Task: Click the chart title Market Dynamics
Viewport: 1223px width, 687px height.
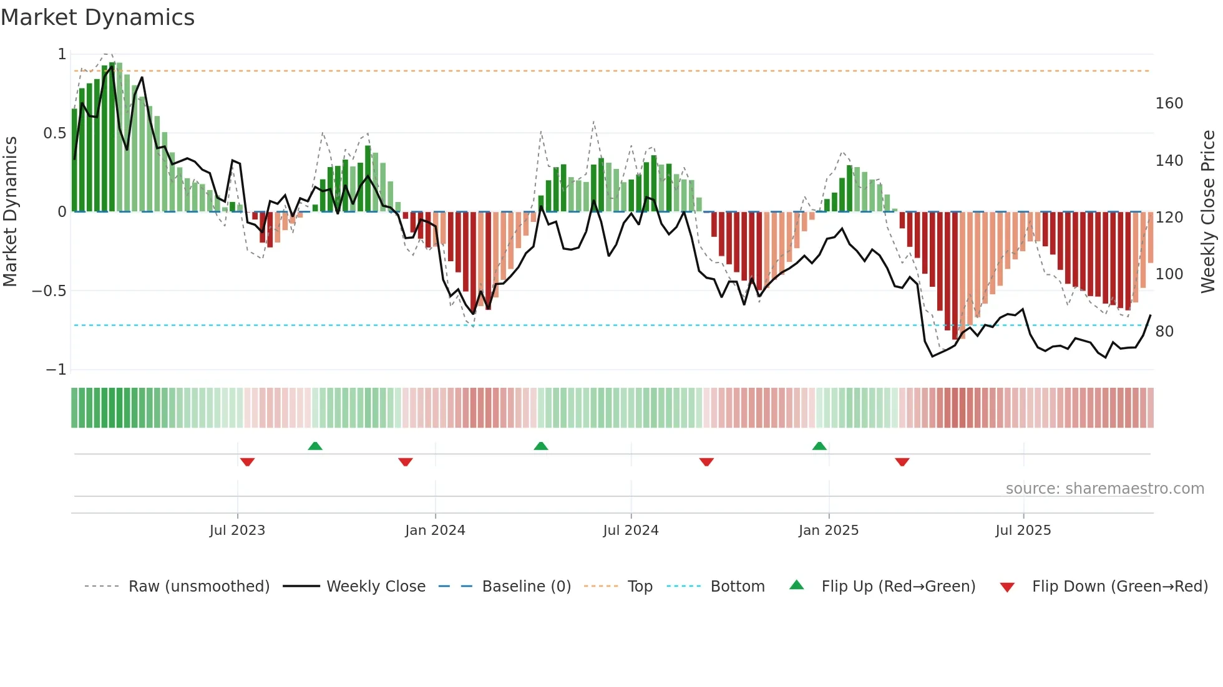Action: click(x=97, y=17)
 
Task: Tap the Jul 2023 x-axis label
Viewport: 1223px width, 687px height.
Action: click(x=237, y=531)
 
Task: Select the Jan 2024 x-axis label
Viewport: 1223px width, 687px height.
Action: click(x=435, y=531)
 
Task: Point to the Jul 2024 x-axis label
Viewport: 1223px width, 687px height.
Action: click(x=631, y=531)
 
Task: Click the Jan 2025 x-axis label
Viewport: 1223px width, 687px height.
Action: click(x=829, y=531)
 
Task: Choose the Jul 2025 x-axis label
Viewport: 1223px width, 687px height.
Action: click(x=1023, y=531)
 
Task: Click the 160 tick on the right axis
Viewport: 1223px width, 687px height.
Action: click(x=1169, y=103)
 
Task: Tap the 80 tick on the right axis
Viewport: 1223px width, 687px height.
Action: click(x=1164, y=332)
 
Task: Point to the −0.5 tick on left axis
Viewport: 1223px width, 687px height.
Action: click(x=49, y=291)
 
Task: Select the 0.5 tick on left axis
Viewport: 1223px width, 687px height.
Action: click(x=54, y=133)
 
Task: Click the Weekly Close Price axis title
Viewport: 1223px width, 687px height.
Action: click(x=1208, y=212)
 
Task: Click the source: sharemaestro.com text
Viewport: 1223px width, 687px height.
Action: click(x=1104, y=489)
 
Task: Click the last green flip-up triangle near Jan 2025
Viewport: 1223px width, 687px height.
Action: click(x=819, y=446)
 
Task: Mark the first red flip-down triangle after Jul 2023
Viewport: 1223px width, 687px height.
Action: click(x=247, y=462)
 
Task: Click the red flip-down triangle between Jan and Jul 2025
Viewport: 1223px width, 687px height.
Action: click(x=902, y=462)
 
